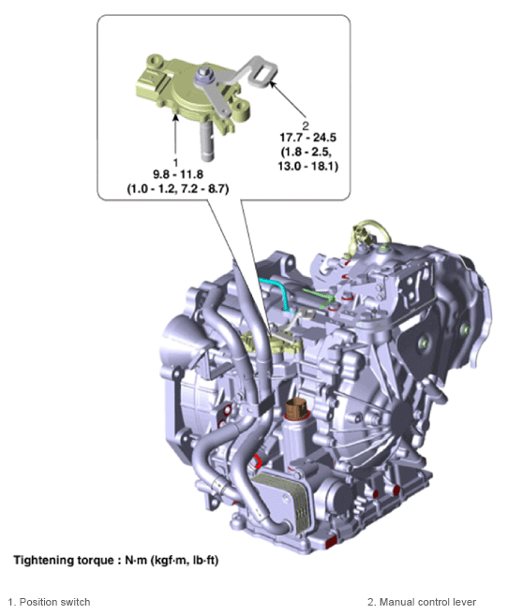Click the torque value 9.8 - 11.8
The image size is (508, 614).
(x=178, y=175)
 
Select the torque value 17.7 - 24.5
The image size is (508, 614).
(x=307, y=138)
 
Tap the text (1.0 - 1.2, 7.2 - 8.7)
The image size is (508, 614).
(x=178, y=189)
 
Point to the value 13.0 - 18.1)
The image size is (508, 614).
(x=307, y=166)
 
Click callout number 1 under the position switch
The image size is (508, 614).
(x=175, y=162)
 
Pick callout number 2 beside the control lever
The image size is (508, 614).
(x=306, y=125)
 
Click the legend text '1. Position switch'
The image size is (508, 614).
(x=49, y=602)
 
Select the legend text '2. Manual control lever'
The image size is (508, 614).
(x=422, y=602)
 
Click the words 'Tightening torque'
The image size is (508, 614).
(x=63, y=561)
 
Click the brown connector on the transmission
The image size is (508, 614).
(x=297, y=408)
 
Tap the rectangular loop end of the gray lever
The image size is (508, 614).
(x=263, y=74)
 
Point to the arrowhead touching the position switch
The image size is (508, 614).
(x=175, y=117)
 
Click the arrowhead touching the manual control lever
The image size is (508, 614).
(x=273, y=84)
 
